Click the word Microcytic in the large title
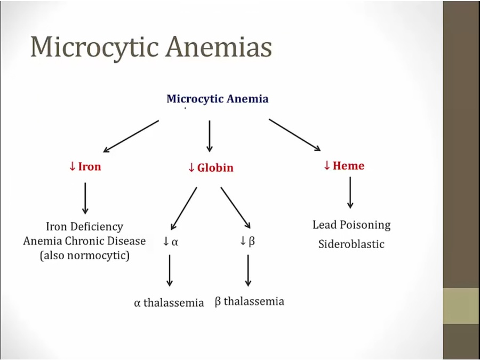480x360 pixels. (93, 48)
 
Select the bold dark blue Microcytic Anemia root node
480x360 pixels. (217, 99)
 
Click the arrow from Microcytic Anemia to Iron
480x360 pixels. (131, 137)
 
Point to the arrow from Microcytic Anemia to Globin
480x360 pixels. (210, 136)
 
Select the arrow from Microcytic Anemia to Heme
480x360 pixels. (294, 135)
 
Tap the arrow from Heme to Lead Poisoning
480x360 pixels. (350, 193)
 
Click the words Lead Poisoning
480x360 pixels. (351, 225)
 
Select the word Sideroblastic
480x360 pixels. (351, 244)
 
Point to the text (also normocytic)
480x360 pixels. (84, 255)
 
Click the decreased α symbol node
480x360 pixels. (171, 242)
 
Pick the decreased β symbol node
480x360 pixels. (247, 241)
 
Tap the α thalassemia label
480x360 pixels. (169, 302)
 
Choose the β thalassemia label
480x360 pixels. (249, 301)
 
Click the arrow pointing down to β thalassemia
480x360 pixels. (248, 270)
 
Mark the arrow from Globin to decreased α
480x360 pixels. (184, 209)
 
